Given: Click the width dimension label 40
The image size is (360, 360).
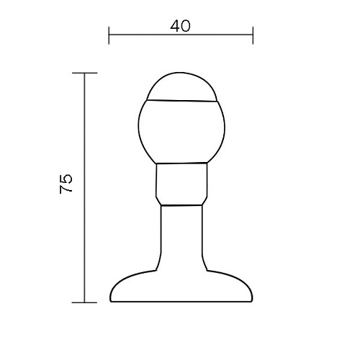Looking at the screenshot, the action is click(x=181, y=26).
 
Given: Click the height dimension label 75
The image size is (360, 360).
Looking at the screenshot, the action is click(x=66, y=184).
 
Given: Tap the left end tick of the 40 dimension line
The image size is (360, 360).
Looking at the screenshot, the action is click(x=109, y=35).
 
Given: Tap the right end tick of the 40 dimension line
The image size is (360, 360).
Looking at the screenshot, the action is click(x=253, y=35).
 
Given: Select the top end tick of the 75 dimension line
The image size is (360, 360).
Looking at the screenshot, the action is click(x=85, y=73).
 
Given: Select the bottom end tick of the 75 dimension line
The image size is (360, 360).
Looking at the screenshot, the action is click(x=84, y=302).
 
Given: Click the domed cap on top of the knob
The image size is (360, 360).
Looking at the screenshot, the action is click(x=181, y=86).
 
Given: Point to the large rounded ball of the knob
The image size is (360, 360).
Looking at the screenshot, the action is click(x=181, y=132).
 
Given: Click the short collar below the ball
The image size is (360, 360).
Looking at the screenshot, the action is click(x=181, y=184).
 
